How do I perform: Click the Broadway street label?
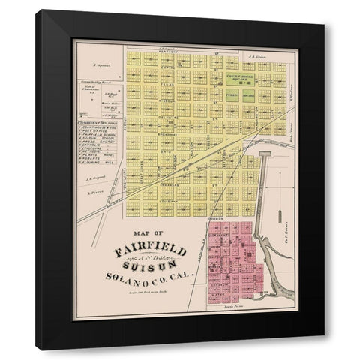point(170,141)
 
